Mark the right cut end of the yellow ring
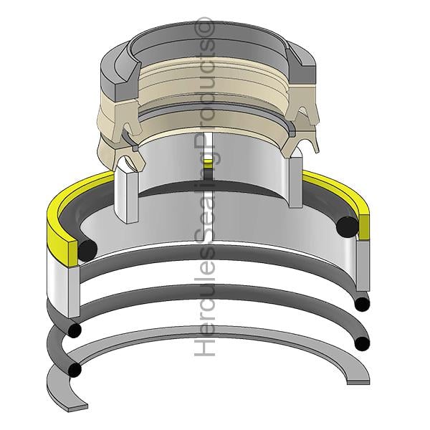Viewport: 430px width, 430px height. tap(364, 226)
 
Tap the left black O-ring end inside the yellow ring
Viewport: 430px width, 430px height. tap(87, 250)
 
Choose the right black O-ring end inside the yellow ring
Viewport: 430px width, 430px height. tap(347, 226)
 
